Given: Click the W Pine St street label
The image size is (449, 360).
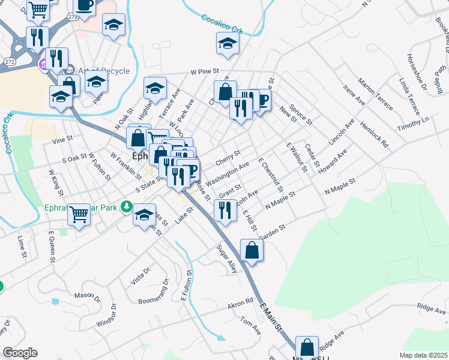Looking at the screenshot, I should [x=205, y=71].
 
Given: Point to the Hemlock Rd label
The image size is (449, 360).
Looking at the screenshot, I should [x=375, y=135].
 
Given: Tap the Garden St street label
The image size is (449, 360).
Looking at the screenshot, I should [x=271, y=230].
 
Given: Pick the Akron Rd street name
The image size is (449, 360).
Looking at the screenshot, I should [x=241, y=305].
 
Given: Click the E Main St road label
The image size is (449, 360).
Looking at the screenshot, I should [x=271, y=319].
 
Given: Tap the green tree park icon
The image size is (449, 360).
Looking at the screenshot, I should [x=126, y=207].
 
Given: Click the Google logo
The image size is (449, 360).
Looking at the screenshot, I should [x=20, y=353].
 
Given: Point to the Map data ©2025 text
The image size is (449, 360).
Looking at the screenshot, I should [x=423, y=355].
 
